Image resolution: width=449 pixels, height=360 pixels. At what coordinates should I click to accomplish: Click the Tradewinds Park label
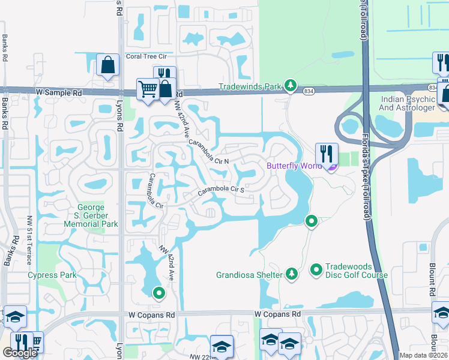249,86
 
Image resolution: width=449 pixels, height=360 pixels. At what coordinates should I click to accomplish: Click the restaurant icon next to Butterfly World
327,154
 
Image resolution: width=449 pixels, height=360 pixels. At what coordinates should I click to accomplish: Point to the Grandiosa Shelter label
249,275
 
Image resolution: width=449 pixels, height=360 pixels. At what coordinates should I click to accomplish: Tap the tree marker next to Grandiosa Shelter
291,274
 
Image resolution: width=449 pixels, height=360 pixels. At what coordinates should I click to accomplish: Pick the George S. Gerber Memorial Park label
92,215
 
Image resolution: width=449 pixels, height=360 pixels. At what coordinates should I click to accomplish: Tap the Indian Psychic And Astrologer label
407,103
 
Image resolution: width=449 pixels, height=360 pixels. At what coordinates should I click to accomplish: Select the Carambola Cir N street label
209,152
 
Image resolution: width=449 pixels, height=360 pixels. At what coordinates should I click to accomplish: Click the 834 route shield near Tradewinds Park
309,91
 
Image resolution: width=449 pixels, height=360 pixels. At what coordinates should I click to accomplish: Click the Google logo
20,353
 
